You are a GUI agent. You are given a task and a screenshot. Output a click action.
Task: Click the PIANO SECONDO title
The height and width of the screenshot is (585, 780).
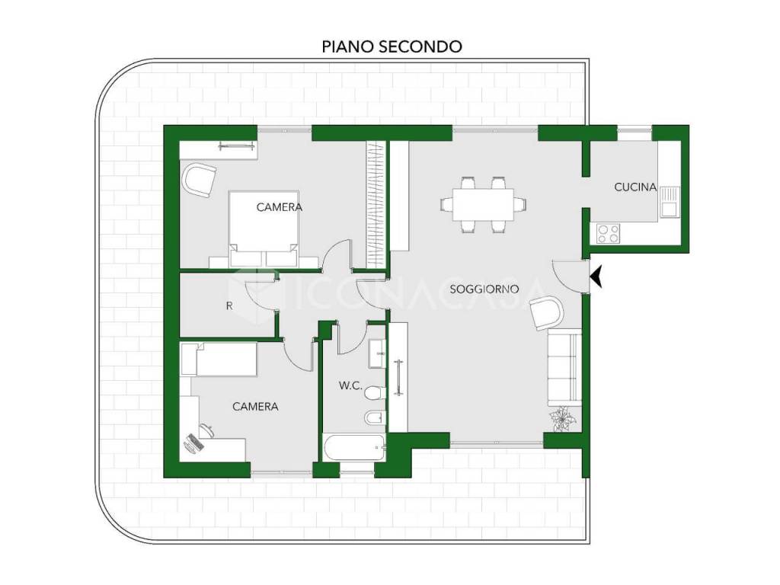[392, 46]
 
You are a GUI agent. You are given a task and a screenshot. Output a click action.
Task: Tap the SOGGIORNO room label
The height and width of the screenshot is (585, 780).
[484, 289]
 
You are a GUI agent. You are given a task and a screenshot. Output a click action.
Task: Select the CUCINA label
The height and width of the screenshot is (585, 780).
[635, 187]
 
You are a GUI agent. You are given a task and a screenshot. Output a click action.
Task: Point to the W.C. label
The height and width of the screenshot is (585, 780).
[350, 385]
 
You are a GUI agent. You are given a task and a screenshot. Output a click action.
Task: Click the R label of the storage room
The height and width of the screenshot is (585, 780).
[229, 306]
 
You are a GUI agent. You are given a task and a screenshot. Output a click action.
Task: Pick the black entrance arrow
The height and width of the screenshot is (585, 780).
[596, 277]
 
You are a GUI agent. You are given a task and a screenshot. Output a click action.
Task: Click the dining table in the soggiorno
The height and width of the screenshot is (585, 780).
[483, 204]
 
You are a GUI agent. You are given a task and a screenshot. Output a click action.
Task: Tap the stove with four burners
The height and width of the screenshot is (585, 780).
[609, 233]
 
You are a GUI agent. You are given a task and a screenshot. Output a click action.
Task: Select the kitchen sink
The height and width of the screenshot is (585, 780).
[670, 201]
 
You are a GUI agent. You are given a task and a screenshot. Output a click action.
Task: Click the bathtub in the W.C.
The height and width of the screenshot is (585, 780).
[354, 448]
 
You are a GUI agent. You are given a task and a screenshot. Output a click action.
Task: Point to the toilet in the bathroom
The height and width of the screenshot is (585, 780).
[375, 394]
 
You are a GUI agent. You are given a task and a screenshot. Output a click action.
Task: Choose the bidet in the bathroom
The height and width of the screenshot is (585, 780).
[375, 419]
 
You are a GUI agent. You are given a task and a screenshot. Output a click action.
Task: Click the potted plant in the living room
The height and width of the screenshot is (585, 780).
[563, 419]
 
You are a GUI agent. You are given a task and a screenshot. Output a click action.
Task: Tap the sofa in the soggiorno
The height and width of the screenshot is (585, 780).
[564, 368]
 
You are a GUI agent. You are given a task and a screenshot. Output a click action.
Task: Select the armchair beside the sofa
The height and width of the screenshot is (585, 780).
[546, 312]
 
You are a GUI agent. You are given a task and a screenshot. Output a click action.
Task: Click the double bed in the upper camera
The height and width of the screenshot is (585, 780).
[264, 229]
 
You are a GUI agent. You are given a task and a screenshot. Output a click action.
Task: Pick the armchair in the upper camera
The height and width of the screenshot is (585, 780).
[200, 180]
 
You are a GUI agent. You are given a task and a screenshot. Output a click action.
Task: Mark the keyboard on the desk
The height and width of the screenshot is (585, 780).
[194, 443]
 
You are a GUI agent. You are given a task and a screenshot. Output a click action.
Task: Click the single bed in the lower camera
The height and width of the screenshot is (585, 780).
[219, 359]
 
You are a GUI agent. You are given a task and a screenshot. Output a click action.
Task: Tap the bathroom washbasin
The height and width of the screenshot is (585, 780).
[376, 353]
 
